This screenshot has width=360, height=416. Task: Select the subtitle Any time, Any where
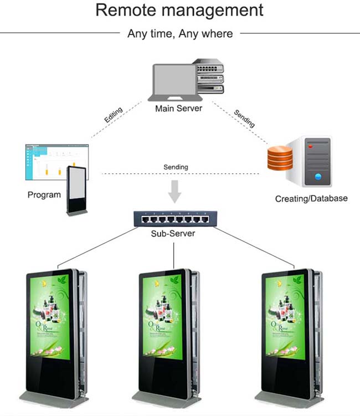(x=180, y=34)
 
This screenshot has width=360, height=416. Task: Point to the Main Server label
(x=178, y=108)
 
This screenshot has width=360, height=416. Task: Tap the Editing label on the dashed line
(x=114, y=115)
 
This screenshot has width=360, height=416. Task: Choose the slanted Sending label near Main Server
(x=244, y=118)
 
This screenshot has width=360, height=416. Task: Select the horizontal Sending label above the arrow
(x=176, y=167)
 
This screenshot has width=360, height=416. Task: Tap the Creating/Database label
(x=311, y=198)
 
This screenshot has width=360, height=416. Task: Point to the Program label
(x=44, y=195)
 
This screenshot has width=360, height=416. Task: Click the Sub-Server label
(x=173, y=234)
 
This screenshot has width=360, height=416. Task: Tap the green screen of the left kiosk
(x=50, y=318)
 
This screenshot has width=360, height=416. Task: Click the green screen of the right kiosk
(x=285, y=318)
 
